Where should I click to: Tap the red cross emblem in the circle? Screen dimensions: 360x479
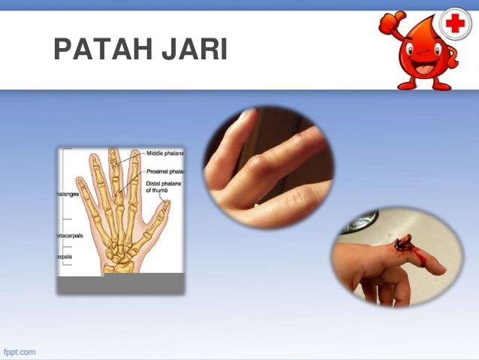click(455, 24)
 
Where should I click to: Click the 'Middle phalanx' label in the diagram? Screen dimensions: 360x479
click(165, 153)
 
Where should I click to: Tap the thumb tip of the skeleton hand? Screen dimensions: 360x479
click(166, 204)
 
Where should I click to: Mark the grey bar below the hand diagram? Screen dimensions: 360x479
click(121, 283)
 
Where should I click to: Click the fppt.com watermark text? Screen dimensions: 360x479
click(20, 352)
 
